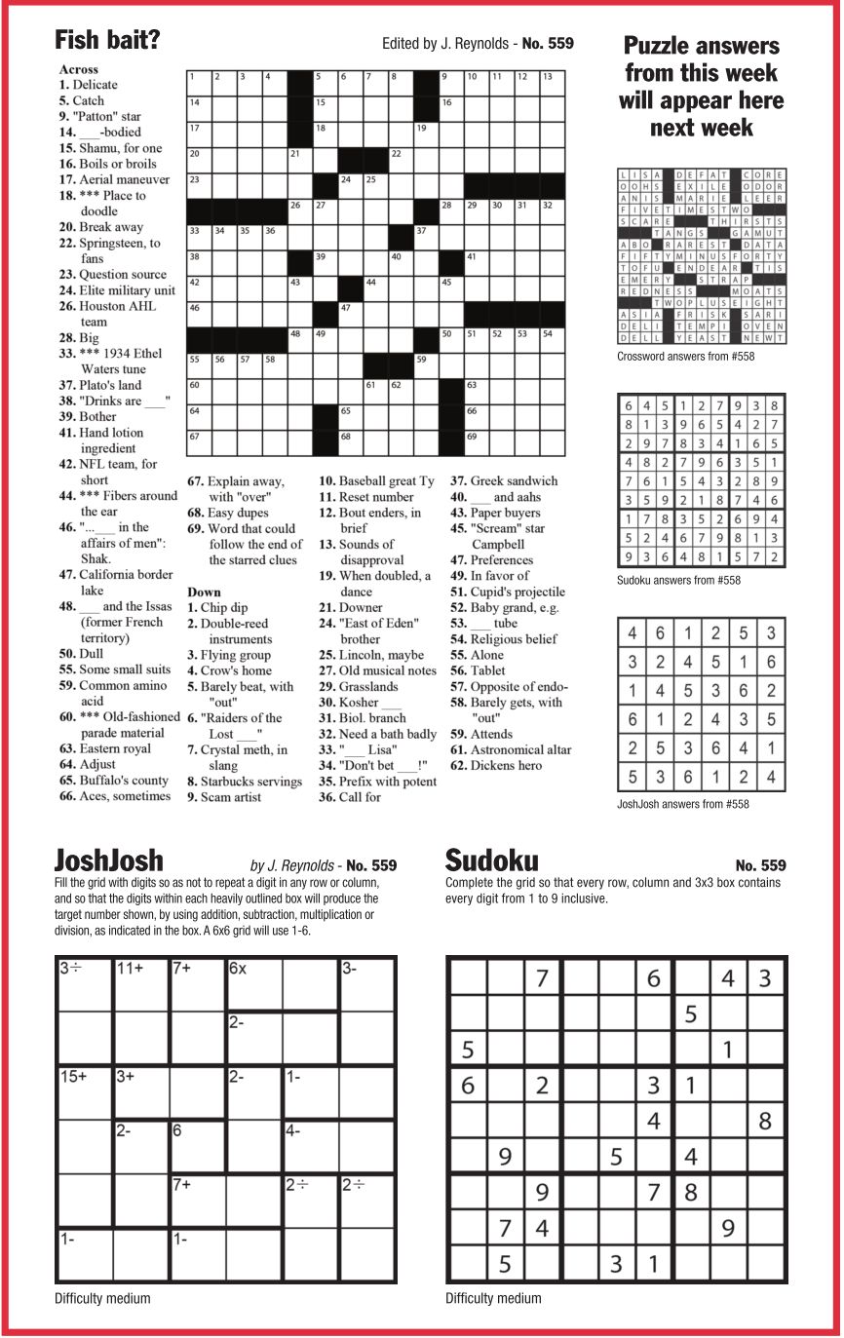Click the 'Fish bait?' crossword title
tap(107, 40)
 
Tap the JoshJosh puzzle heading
tap(108, 860)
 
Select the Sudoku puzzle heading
tap(491, 860)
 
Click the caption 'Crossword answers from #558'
tap(685, 357)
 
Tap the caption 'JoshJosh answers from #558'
tap(683, 804)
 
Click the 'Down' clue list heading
tap(204, 593)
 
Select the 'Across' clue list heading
tap(78, 69)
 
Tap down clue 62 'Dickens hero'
tap(508, 766)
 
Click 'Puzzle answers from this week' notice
tap(701, 86)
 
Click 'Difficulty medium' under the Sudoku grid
tap(493, 1298)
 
